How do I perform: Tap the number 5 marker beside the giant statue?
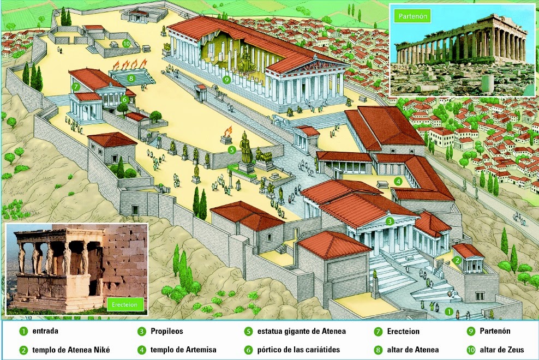231,149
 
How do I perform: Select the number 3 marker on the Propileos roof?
390,221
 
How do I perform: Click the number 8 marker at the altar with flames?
131,78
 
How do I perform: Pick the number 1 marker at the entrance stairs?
448,311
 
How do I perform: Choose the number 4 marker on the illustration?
398,181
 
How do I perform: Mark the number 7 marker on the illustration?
76,86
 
